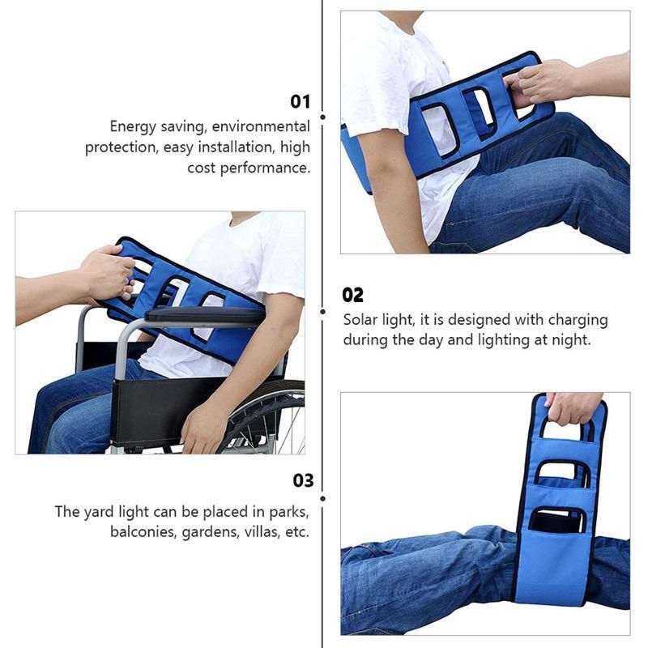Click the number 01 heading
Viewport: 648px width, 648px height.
(x=300, y=101)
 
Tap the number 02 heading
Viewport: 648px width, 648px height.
(x=352, y=295)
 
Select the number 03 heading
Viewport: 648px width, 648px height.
(x=303, y=480)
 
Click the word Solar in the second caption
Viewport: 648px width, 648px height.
(x=359, y=319)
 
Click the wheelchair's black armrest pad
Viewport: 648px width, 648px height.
(x=205, y=314)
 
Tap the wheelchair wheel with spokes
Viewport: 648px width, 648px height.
(x=265, y=417)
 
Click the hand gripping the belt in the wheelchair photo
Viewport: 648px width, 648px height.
(x=108, y=273)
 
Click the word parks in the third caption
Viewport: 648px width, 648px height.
(x=289, y=512)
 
